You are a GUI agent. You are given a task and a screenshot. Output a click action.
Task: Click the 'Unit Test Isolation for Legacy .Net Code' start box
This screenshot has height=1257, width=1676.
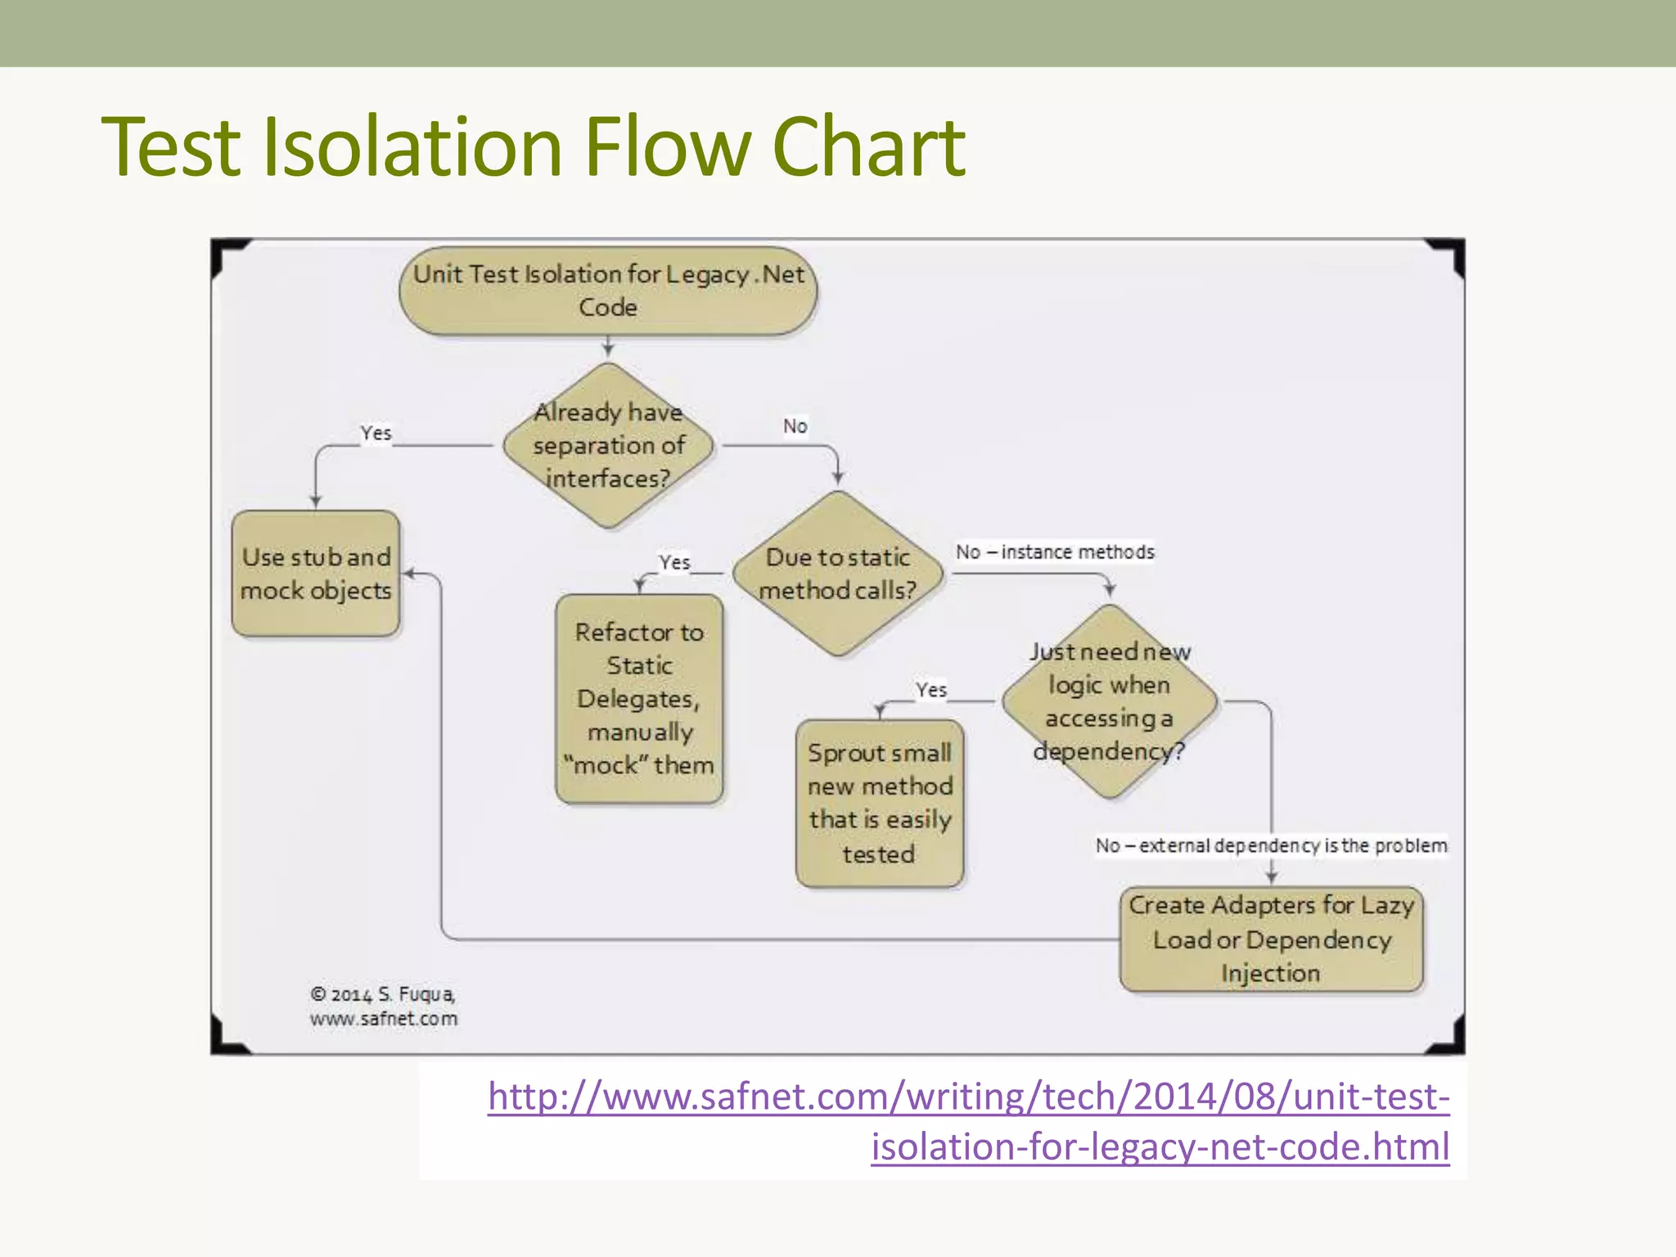(x=608, y=291)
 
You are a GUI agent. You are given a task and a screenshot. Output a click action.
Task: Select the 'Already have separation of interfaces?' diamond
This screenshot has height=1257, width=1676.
(x=608, y=445)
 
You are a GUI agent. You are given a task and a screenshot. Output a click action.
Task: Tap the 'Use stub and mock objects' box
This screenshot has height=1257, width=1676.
(x=316, y=574)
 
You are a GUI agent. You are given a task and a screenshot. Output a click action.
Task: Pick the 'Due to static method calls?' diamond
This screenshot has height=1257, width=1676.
(x=837, y=573)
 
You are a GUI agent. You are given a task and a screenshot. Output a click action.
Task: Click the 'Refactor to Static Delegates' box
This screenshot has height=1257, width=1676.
(x=639, y=698)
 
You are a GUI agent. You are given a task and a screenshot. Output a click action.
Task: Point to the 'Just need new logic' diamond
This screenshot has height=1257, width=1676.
(x=1109, y=701)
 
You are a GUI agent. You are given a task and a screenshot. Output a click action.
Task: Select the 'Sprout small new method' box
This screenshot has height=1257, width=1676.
(x=880, y=803)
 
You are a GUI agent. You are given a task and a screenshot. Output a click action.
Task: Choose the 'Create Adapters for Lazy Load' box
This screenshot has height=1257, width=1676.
(x=1271, y=939)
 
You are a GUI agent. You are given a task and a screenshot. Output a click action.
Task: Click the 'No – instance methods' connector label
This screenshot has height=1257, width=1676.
(x=1055, y=552)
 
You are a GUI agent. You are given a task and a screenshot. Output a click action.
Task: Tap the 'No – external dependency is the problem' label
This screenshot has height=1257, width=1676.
(x=1271, y=845)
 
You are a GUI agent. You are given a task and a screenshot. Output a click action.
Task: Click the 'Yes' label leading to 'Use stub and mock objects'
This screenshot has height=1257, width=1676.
(x=376, y=433)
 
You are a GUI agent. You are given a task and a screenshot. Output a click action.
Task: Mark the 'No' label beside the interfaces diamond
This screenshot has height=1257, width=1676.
(x=795, y=426)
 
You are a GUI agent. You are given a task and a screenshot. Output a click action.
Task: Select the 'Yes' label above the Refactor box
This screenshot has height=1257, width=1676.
(x=674, y=562)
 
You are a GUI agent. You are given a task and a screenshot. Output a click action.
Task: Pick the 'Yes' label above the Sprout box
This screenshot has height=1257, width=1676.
(x=931, y=690)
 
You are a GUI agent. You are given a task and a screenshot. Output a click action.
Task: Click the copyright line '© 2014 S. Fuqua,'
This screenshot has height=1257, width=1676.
(x=382, y=994)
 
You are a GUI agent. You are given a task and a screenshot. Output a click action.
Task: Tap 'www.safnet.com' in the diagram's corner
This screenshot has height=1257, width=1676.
(x=384, y=1019)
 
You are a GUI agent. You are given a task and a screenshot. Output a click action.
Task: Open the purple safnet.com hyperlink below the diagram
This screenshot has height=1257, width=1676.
(x=969, y=1121)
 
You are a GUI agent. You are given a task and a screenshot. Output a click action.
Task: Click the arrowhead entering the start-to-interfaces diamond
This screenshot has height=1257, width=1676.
(x=608, y=351)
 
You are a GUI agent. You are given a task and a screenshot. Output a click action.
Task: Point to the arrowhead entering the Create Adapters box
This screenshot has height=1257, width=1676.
(x=1272, y=877)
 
